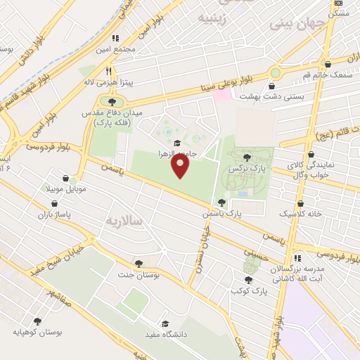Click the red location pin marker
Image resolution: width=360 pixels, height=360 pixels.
[x=181, y=167]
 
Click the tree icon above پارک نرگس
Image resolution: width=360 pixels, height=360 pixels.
[x=245, y=158]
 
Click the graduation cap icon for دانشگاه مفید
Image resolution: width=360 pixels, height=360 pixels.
[x=165, y=324]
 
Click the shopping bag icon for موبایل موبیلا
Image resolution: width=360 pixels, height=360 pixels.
[x=65, y=179]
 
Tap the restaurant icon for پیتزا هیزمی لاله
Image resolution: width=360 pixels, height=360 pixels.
[x=108, y=71]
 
